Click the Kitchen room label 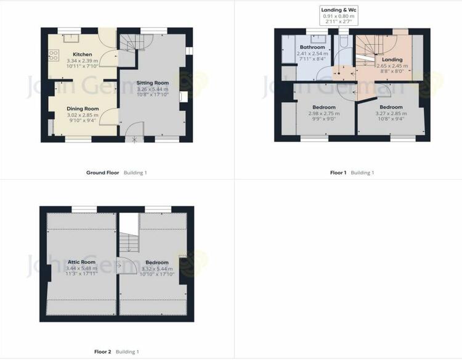pos(82,54)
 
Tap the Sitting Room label pos(153,83)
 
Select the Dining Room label pos(83,108)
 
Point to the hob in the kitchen pos(54,55)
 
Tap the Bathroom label pos(312,47)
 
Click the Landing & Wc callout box pos(339,15)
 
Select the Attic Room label pos(81,262)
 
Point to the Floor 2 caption pos(102,352)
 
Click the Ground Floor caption pos(102,173)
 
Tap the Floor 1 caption pos(338,173)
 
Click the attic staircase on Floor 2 pos(129,242)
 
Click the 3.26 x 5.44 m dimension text pos(153,89)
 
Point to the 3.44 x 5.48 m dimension pos(81,268)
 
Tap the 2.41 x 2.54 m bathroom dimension pos(312,54)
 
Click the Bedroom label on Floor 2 pos(157,263)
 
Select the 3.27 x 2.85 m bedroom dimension pos(391,113)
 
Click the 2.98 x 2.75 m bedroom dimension pos(324,113)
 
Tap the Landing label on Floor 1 pos(392,60)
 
